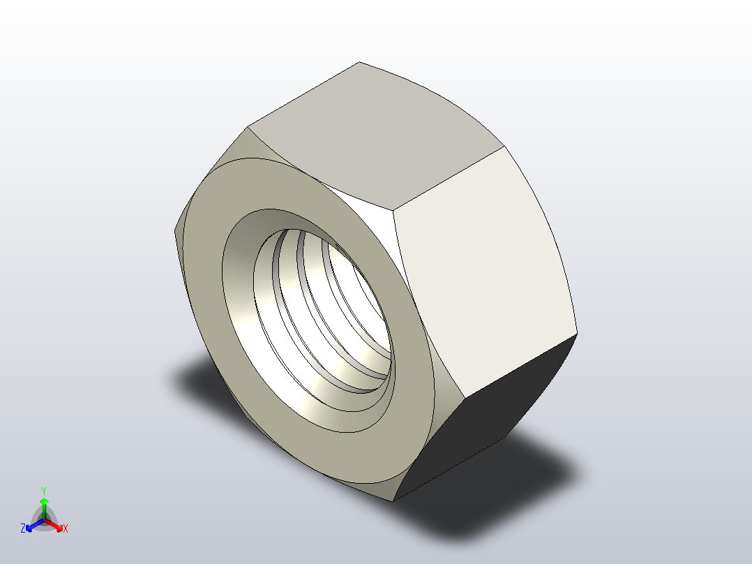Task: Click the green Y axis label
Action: pyautogui.click(x=43, y=491)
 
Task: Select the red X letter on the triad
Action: pyautogui.click(x=66, y=529)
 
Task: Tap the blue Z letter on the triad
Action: pyautogui.click(x=23, y=528)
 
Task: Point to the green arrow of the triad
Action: pyautogui.click(x=44, y=505)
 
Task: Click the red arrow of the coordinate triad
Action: pyautogui.click(x=56, y=524)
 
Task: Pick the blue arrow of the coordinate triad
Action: pyautogui.click(x=32, y=524)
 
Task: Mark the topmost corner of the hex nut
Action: pyautogui.click(x=360, y=62)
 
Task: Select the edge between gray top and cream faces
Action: pyautogui.click(x=448, y=177)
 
